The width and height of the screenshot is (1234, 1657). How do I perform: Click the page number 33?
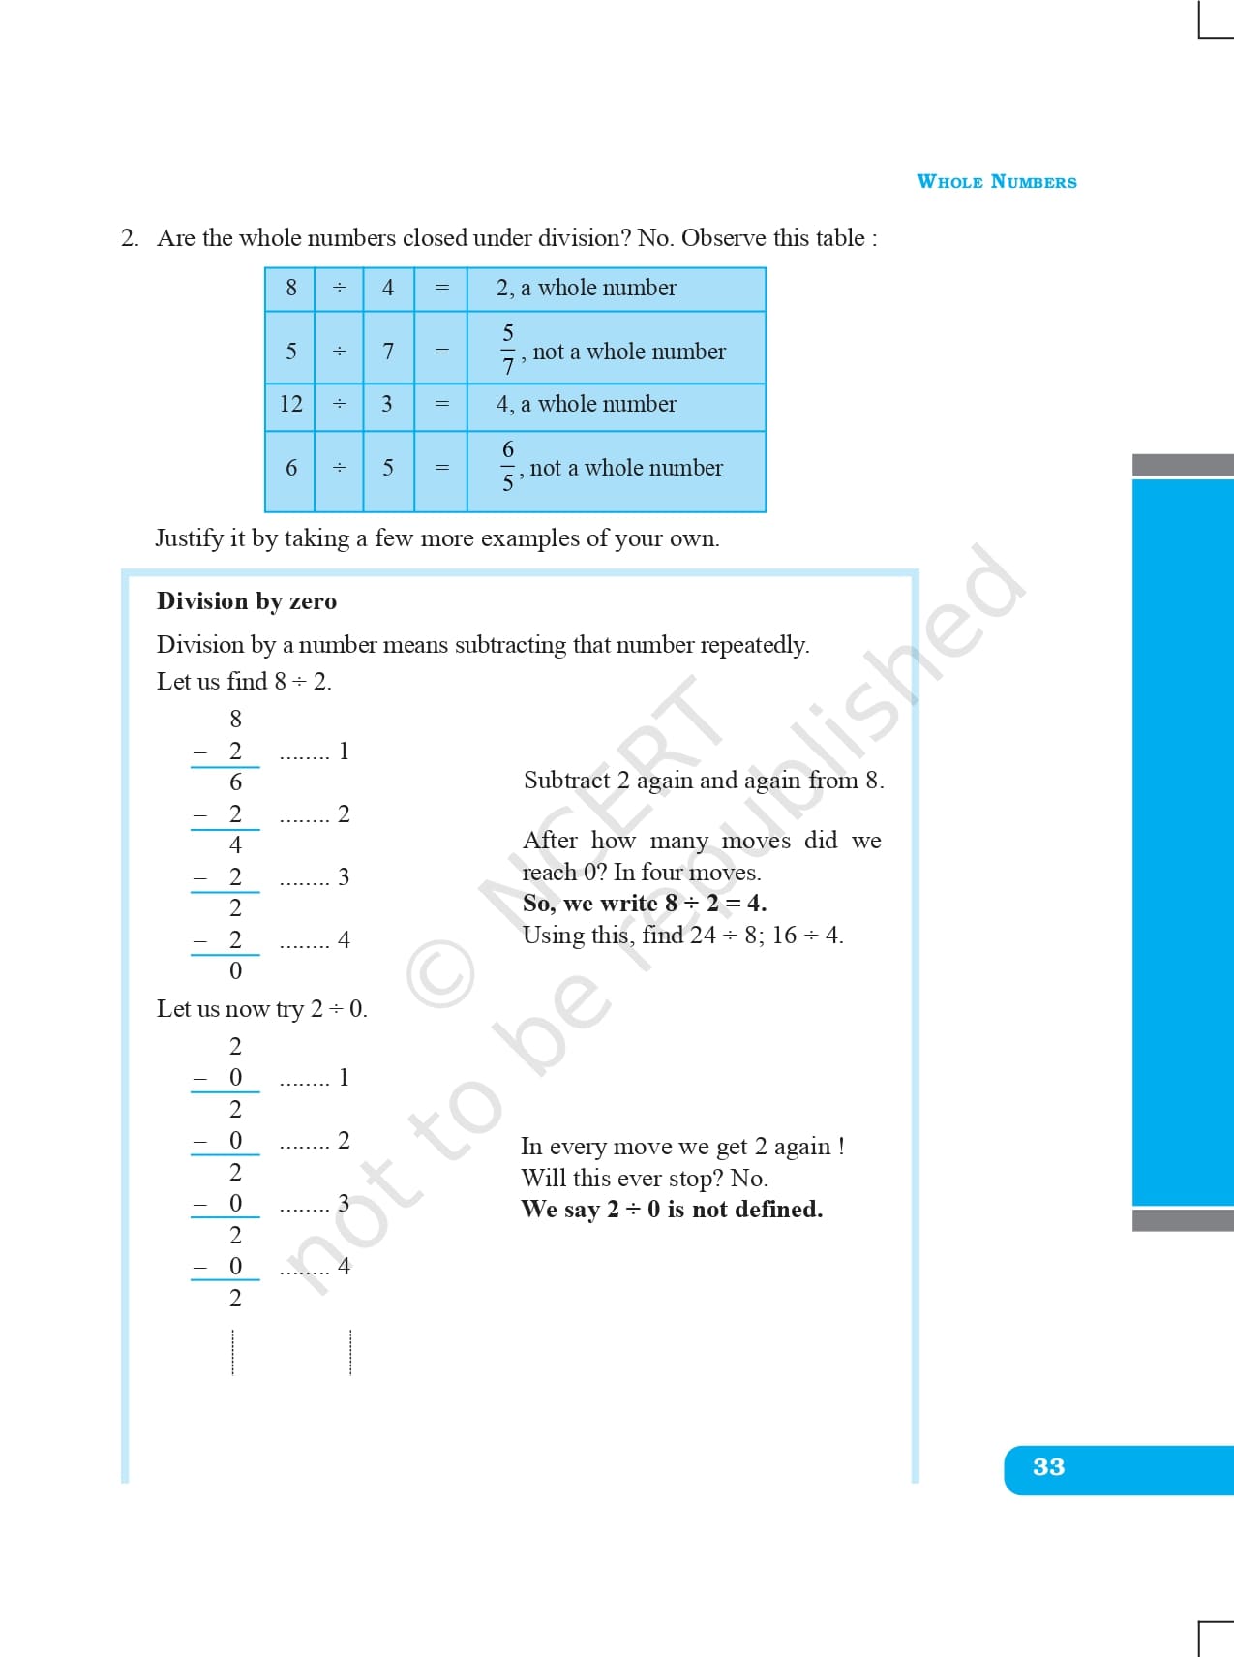coord(1048,1467)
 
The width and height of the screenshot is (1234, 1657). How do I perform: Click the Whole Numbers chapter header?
coord(996,182)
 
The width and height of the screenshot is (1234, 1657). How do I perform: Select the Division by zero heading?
coord(247,601)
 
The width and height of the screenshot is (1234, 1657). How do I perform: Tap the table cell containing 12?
coord(290,404)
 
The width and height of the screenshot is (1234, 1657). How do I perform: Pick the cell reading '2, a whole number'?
coord(586,288)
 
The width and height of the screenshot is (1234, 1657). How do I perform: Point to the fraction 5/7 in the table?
coord(508,350)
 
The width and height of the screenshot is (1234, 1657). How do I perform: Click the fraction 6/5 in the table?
coord(508,466)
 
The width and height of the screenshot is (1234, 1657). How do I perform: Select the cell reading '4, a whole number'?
coord(586,404)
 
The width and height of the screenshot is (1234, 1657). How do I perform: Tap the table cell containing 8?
coord(290,288)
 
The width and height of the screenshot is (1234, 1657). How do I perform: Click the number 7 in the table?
coord(388,351)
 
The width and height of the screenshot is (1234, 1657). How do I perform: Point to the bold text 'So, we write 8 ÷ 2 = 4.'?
coord(644,904)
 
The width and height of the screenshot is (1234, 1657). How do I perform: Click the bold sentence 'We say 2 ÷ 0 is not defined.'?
coord(672,1210)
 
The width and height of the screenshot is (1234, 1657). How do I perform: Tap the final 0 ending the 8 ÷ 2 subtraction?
coord(235,971)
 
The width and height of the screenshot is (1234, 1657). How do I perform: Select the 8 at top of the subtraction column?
coord(235,719)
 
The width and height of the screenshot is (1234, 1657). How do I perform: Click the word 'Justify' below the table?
coord(189,538)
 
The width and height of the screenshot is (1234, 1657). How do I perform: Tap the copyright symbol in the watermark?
coord(440,976)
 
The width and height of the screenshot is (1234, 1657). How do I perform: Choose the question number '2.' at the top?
coord(130,238)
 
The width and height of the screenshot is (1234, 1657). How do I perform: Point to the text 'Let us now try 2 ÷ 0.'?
coord(262,1009)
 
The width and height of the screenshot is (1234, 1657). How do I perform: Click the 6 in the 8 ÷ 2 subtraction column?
coord(235,782)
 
